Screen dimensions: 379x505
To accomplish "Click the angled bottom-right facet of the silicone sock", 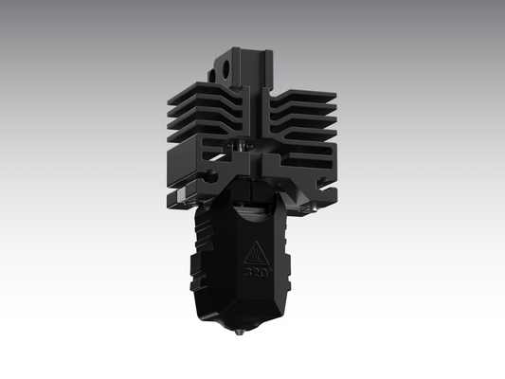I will tap(280, 303).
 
